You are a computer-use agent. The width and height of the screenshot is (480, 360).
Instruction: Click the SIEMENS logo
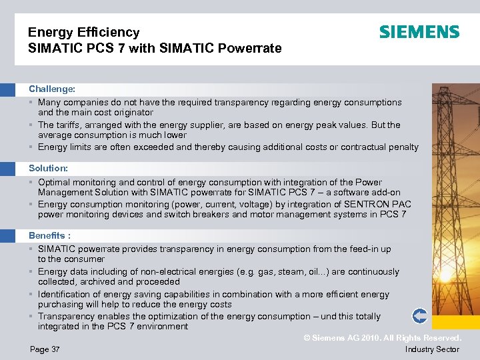[419, 32]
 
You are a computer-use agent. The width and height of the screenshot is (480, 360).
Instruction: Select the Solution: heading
[49, 169]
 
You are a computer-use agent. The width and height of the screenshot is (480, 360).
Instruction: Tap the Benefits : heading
[50, 235]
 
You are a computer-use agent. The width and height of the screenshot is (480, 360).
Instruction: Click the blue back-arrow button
[419, 315]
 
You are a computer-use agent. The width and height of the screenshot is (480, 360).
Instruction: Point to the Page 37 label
[45, 349]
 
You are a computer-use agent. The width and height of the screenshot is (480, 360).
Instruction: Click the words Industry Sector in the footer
[432, 349]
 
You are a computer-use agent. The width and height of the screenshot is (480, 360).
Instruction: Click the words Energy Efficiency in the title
[84, 32]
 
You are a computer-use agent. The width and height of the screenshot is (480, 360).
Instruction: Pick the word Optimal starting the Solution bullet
[55, 182]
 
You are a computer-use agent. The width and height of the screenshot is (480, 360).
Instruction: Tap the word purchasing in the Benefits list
[61, 304]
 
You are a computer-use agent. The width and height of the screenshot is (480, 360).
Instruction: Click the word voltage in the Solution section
[277, 204]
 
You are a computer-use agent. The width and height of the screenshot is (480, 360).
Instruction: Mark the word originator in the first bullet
[132, 113]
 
